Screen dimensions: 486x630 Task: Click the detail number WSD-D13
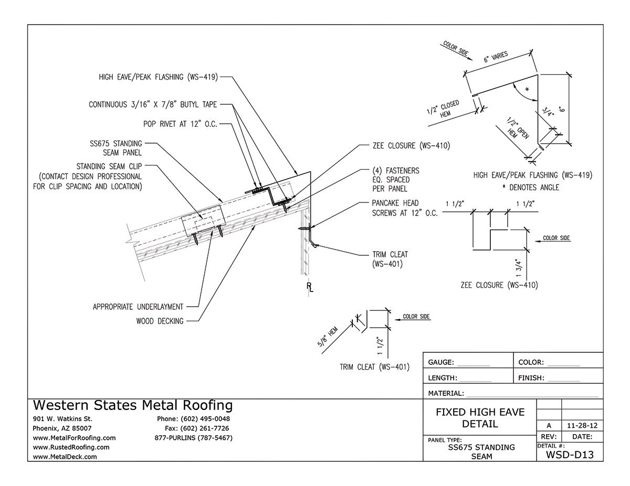tap(570, 455)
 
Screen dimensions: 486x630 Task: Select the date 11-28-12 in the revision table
tap(582, 425)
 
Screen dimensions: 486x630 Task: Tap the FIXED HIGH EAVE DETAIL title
tap(480, 418)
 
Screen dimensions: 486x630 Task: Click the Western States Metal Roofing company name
tap(133, 405)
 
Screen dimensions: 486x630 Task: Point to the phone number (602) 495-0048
tap(194, 419)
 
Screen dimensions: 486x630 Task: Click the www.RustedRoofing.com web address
tap(71, 447)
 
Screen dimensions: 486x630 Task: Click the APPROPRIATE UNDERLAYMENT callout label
tap(138, 307)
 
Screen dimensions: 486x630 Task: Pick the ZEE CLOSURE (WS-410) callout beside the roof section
tap(405, 146)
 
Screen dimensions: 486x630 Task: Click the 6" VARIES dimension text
tap(496, 59)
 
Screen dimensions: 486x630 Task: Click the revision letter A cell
tap(549, 425)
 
